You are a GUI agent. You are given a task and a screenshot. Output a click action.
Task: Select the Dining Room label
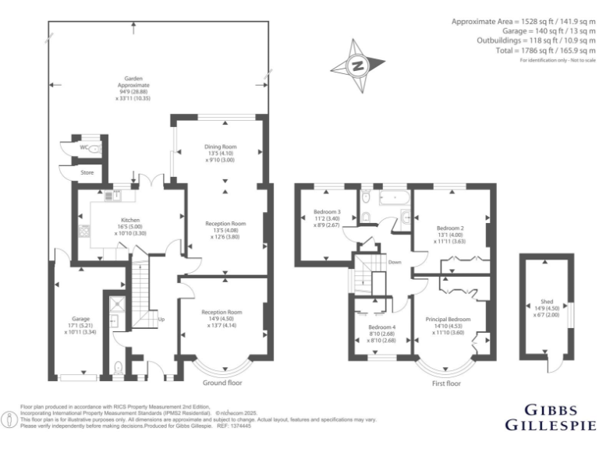tap(220, 147)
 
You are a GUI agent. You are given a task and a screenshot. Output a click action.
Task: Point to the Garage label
tap(81, 319)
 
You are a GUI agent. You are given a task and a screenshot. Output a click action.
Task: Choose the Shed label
tap(547, 301)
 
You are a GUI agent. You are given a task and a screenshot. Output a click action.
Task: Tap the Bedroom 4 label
tap(381, 327)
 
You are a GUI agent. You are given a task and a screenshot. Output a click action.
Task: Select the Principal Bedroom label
tap(448, 319)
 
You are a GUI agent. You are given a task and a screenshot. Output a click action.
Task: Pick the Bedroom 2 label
tap(450, 228)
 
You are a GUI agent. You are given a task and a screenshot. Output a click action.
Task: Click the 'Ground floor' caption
tap(225, 383)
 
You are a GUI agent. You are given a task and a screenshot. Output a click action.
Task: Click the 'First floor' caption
tap(445, 384)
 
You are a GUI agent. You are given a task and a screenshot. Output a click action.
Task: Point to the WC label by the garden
tap(83, 146)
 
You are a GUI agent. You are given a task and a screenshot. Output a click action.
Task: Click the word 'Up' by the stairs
tap(161, 320)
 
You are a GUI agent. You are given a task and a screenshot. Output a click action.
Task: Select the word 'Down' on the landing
tap(395, 262)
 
